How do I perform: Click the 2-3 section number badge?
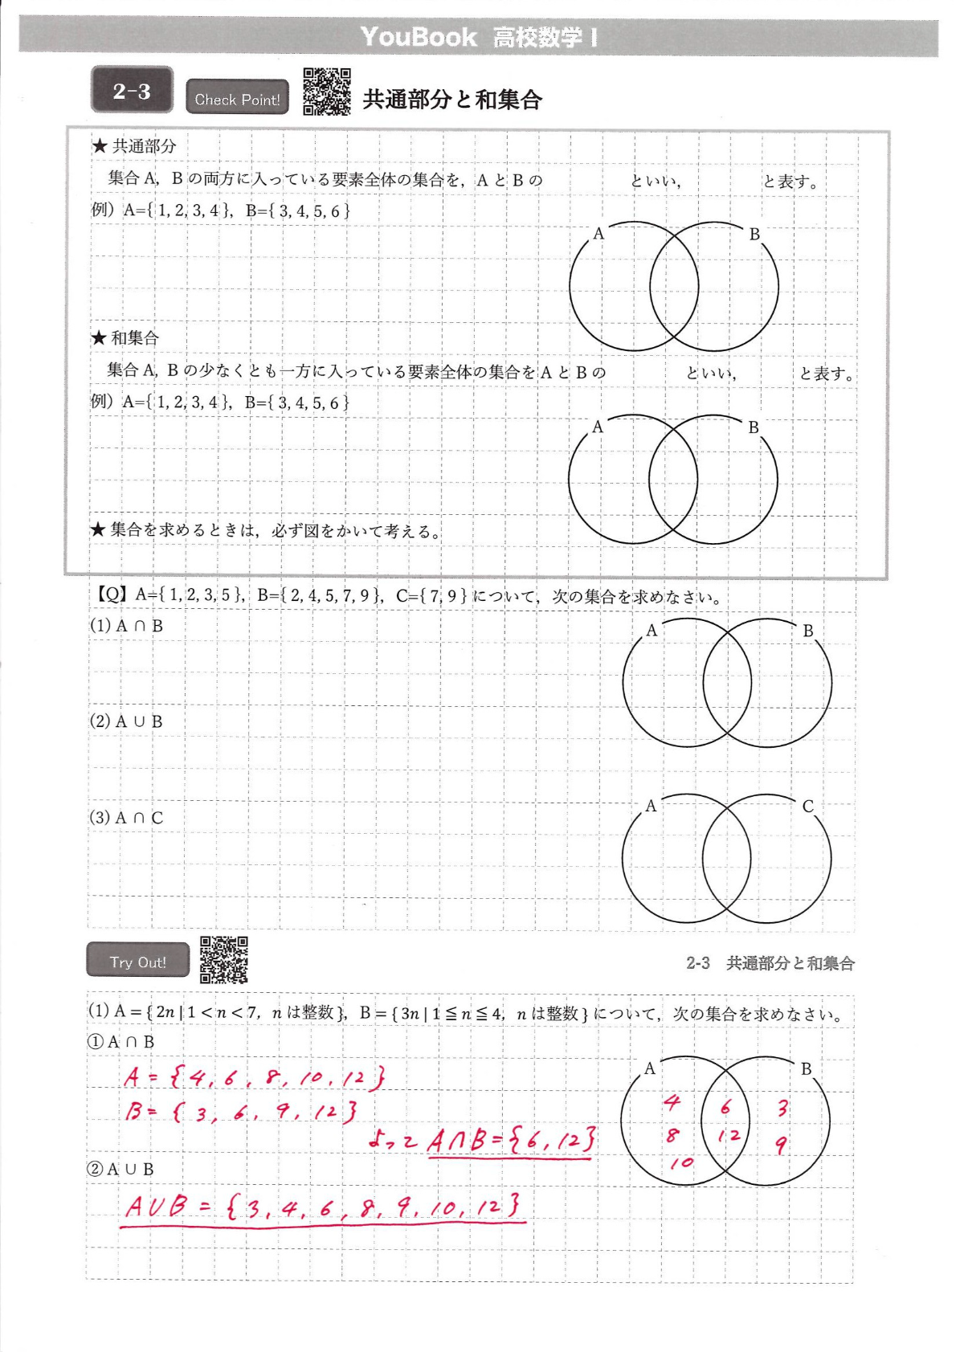tap(132, 90)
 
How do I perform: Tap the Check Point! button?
tap(237, 98)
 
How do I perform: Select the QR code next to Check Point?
tap(327, 92)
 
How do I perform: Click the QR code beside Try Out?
tap(223, 959)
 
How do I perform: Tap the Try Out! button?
tap(138, 962)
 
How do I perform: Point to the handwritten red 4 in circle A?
tap(672, 1102)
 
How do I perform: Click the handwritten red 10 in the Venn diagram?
tap(681, 1162)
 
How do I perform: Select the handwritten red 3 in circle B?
tap(782, 1109)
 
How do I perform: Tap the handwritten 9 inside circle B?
tap(780, 1144)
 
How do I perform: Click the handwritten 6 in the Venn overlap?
tap(725, 1107)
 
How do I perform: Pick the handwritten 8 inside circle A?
tap(672, 1135)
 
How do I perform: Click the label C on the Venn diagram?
tap(808, 806)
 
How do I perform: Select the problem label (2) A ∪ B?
tap(126, 721)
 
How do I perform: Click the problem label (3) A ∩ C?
tap(126, 818)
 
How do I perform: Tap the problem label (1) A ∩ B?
tap(126, 626)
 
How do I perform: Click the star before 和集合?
tap(99, 338)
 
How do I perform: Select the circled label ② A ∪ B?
tap(121, 1169)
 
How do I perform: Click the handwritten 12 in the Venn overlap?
tap(729, 1136)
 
